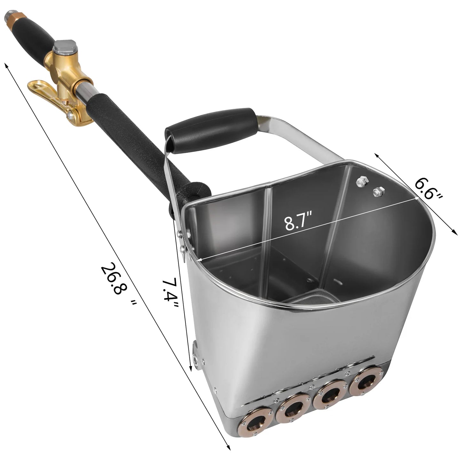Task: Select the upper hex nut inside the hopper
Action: [x=362, y=182]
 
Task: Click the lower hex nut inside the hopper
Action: [x=379, y=191]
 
